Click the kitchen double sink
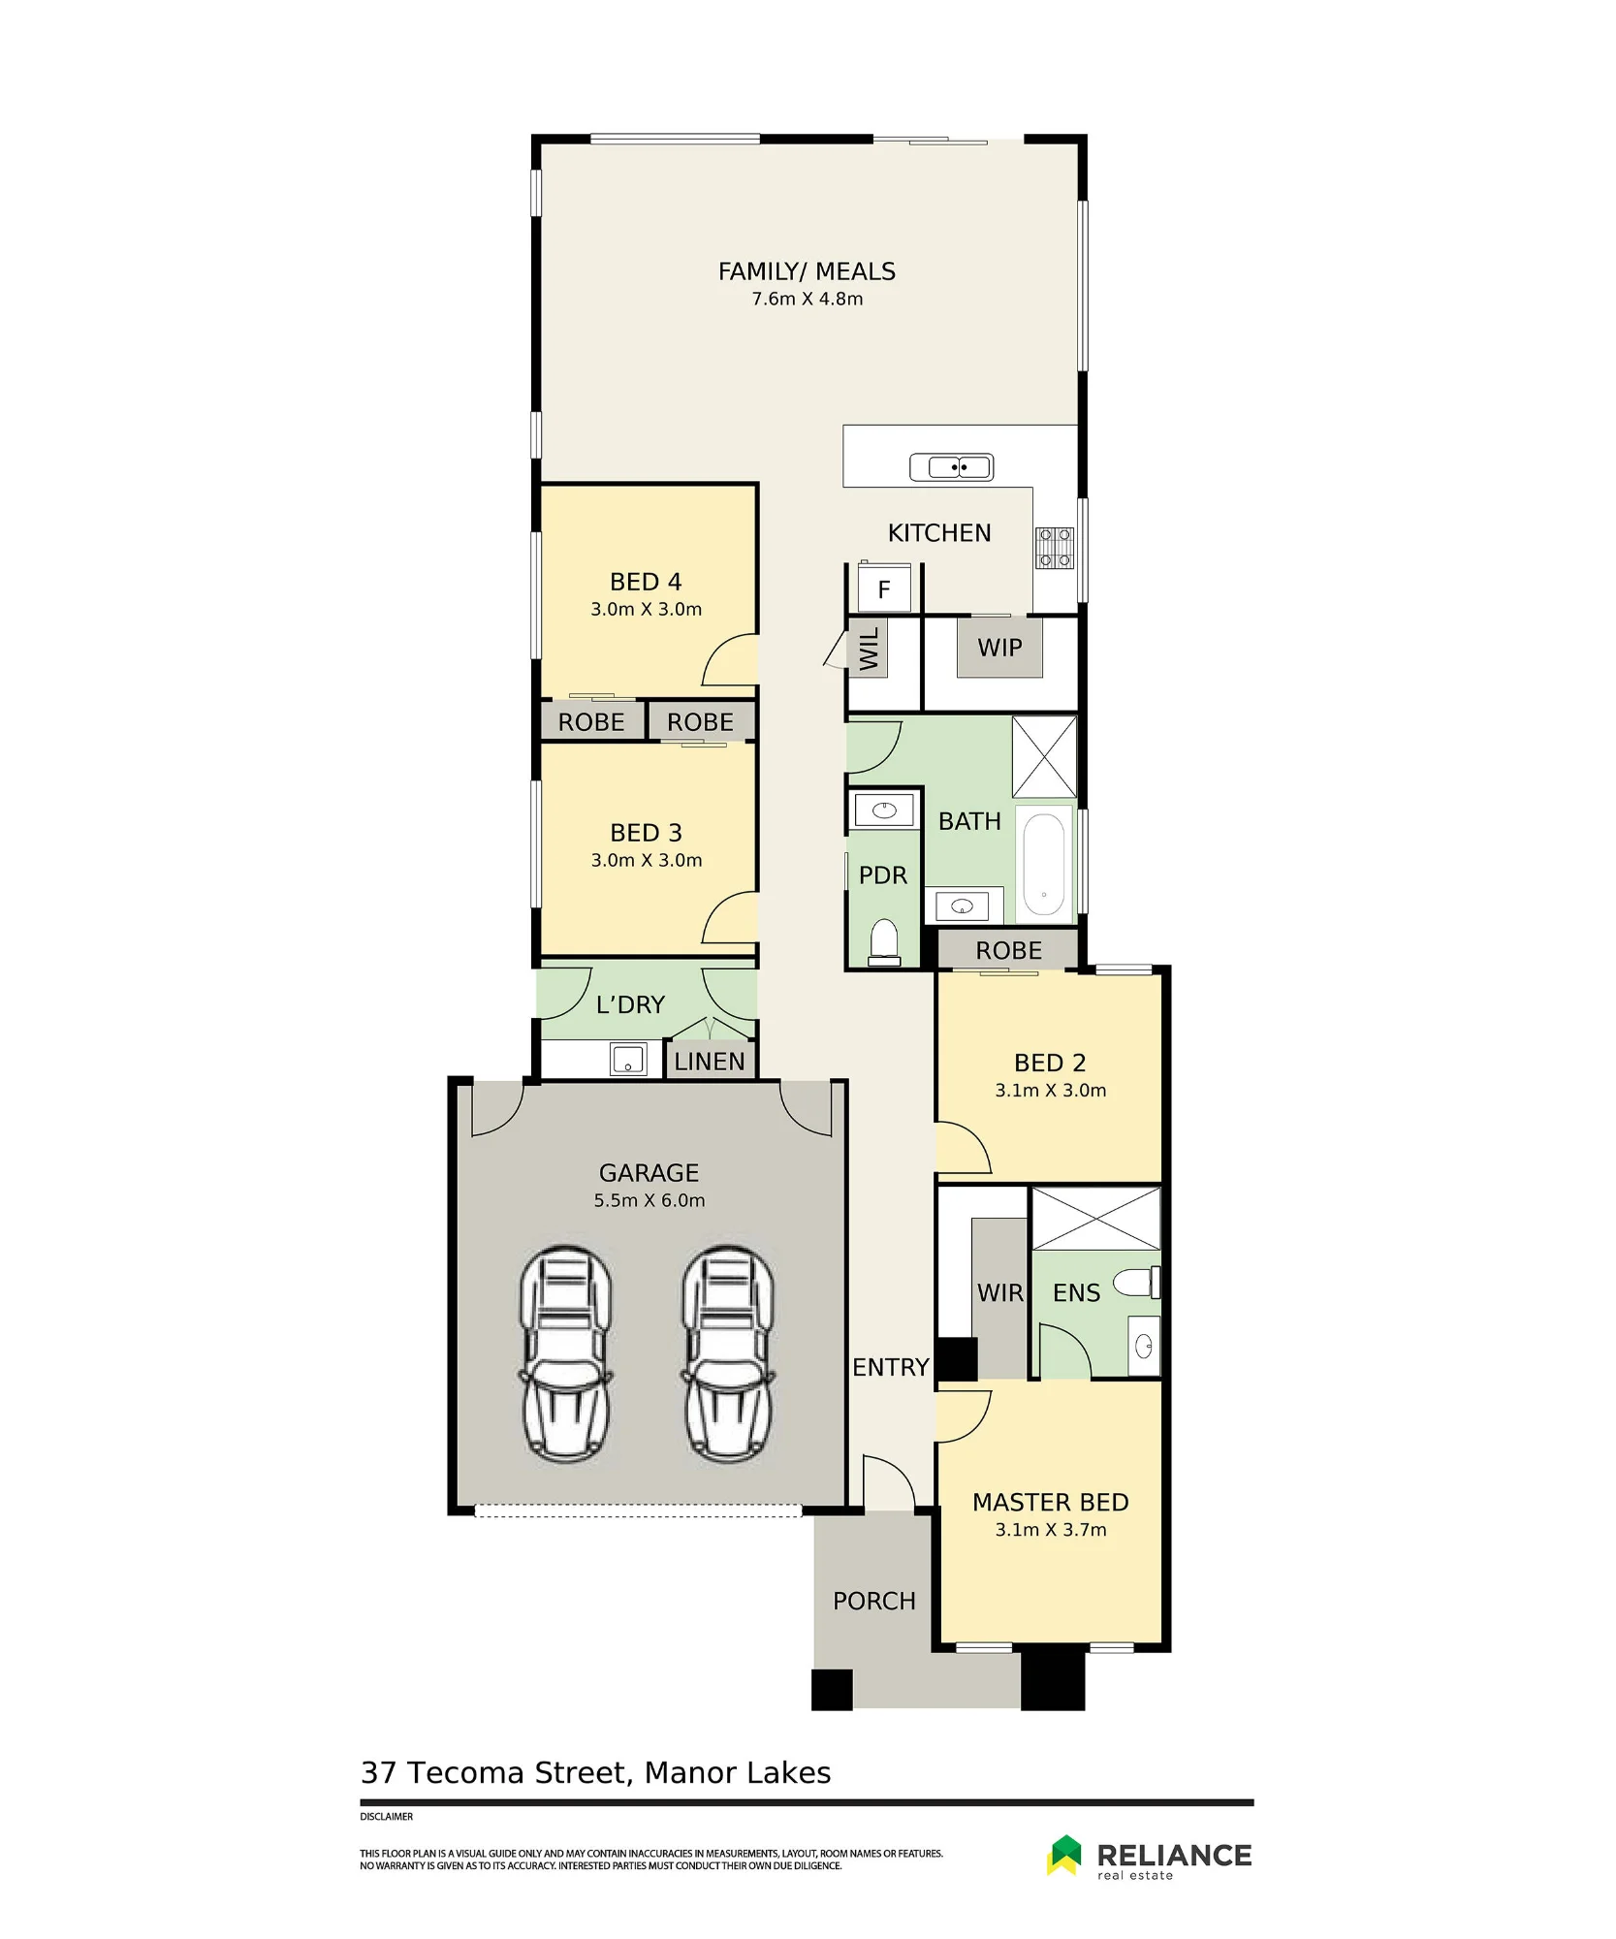pos(951,467)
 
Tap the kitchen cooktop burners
pos(1055,547)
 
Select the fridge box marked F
pos(884,588)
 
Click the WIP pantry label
pos(999,648)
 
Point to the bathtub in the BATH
pos(1044,864)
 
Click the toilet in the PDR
pos(884,941)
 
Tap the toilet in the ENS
pos(1136,1283)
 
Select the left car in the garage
pos(566,1353)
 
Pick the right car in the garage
pos(728,1353)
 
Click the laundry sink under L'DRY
pos(628,1060)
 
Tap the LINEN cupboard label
pos(710,1062)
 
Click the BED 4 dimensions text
pos(647,610)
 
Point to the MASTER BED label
pos(1051,1503)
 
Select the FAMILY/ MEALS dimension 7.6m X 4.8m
pos(808,300)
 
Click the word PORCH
pos(874,1602)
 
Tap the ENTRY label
pos(891,1368)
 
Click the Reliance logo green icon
pos(1064,1856)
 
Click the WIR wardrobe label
pos(999,1293)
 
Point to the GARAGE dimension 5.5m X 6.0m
pos(650,1201)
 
